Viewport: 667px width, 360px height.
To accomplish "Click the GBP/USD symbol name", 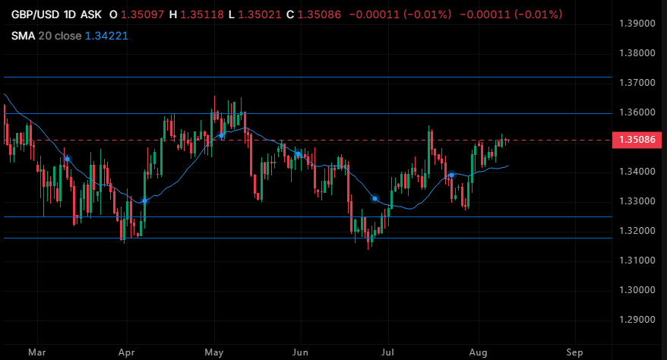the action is coord(35,14).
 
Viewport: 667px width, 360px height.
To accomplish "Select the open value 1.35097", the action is coord(143,14).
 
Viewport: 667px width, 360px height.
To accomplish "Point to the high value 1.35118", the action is coord(202,14).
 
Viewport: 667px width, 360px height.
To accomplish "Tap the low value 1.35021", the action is coord(260,14).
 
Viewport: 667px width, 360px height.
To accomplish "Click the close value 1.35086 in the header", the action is coord(319,14).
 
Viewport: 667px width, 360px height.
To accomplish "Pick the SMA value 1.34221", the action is coord(107,36).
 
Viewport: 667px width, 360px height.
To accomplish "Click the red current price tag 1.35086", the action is coord(637,140).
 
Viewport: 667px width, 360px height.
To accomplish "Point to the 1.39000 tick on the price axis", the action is coord(637,24).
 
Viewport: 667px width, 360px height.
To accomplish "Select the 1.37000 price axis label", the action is coord(637,83).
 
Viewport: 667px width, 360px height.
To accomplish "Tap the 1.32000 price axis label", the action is coord(637,231).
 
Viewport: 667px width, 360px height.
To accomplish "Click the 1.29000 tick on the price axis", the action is coord(637,320).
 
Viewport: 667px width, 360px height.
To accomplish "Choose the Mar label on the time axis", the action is coord(37,352).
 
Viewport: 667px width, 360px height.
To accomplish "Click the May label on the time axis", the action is coord(214,352).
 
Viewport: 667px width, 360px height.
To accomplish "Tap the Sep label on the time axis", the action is coord(574,352).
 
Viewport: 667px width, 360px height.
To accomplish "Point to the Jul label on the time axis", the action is coord(387,352).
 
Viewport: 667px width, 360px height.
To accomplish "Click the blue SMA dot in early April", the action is coord(144,201).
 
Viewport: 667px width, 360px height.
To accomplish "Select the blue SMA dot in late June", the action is coord(375,198).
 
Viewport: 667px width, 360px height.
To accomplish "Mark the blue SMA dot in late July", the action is coord(452,175).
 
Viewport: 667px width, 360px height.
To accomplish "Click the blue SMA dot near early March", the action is coord(67,159).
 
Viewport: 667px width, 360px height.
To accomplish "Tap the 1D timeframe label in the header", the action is coord(70,14).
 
